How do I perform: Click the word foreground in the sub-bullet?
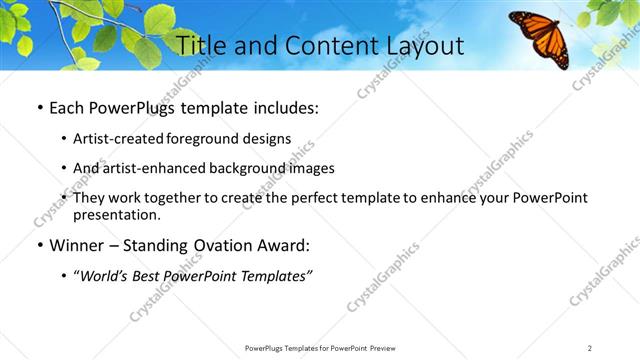209,139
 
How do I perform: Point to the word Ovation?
218,245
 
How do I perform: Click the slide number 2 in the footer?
589,348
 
